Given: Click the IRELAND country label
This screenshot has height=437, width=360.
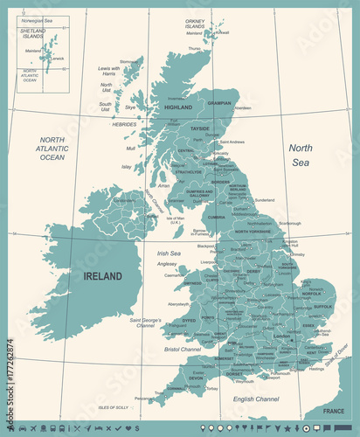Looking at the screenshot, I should pyautogui.click(x=102, y=276).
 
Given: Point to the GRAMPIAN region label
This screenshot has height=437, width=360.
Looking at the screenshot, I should pyautogui.click(x=219, y=102).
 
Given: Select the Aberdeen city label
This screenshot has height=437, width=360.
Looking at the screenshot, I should pyautogui.click(x=242, y=108).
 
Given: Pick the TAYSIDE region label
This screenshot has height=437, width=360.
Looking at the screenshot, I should pyautogui.click(x=200, y=128).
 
